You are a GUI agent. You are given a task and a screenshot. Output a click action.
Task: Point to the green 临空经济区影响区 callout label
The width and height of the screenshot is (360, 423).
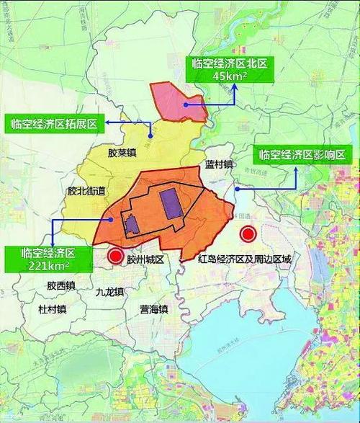point(303,155)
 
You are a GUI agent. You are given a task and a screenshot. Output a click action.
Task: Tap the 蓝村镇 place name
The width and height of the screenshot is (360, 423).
point(219,164)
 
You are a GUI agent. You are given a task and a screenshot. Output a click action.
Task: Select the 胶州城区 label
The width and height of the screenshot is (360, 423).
point(146,257)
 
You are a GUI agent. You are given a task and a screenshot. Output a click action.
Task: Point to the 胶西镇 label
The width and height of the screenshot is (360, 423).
point(61,286)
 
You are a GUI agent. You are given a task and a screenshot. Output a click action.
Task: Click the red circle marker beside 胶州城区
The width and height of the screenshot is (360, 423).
point(115,256)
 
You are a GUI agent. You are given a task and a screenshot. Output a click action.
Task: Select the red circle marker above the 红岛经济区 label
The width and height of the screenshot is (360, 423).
point(249,234)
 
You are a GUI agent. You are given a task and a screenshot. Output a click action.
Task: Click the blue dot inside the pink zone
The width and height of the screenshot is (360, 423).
point(185,104)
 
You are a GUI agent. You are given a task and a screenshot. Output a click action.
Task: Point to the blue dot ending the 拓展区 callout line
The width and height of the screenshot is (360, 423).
point(150,135)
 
